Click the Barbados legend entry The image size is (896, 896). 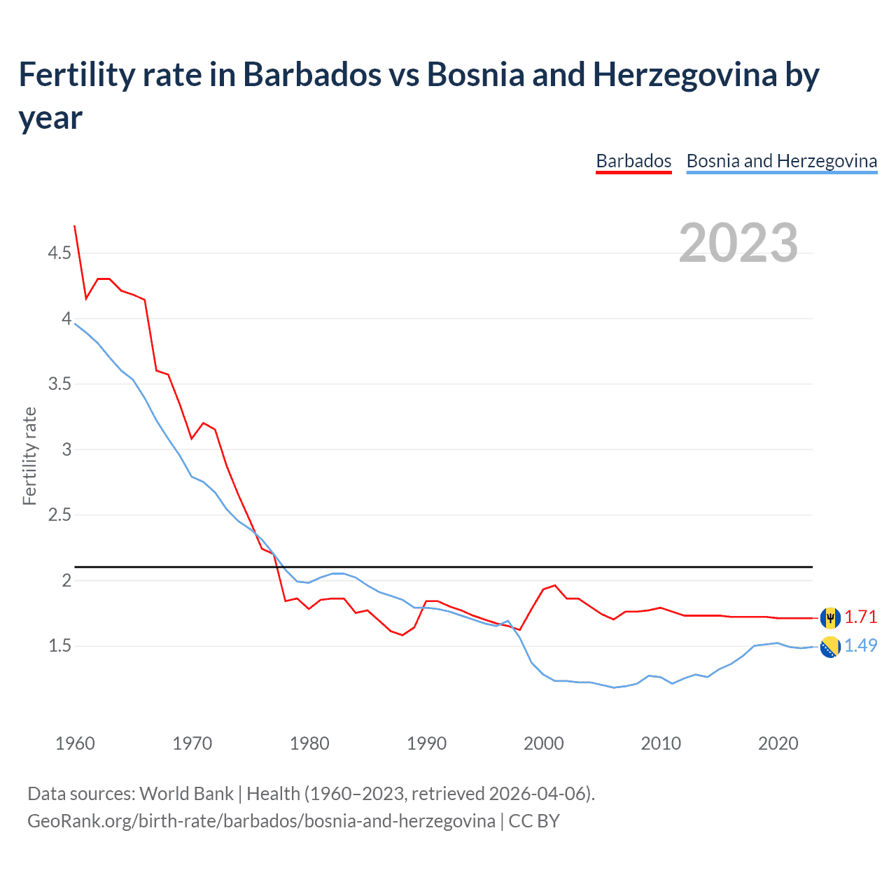(633, 161)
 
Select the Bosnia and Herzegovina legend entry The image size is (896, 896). (781, 161)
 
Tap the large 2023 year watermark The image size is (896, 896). (738, 243)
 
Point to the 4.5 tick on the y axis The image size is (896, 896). (59, 253)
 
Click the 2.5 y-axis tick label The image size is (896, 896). (59, 514)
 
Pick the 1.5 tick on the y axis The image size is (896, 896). (59, 645)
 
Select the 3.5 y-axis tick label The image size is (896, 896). (59, 384)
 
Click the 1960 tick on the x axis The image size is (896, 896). (75, 743)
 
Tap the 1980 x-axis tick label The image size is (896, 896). (309, 743)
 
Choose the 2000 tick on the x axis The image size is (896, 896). (543, 743)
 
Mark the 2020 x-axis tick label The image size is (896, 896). (778, 743)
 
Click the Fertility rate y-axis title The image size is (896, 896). (29, 456)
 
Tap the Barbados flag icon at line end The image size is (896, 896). (830, 617)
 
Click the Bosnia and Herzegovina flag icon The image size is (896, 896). (830, 647)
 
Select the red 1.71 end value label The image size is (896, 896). (860, 617)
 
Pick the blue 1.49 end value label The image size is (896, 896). (860, 645)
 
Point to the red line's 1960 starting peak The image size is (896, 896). (75, 227)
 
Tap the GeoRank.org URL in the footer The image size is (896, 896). (261, 820)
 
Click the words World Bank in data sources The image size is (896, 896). (186, 794)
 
